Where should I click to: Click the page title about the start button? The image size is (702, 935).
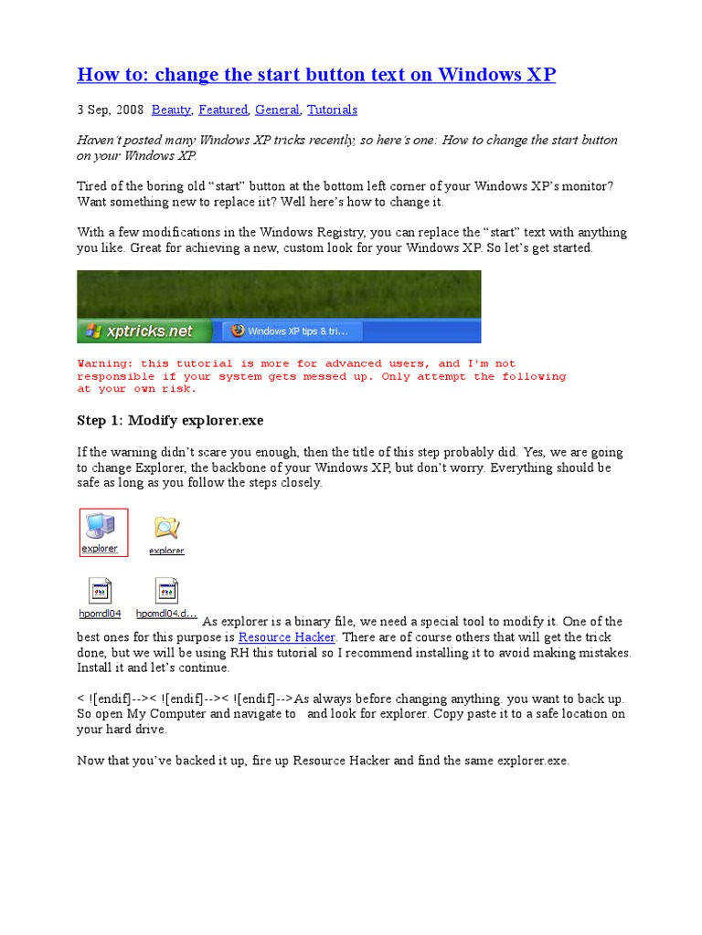316,75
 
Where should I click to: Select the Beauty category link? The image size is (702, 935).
171,110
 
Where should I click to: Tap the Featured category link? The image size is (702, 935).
223,110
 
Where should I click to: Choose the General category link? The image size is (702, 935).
277,110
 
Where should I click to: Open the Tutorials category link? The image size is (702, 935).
332,110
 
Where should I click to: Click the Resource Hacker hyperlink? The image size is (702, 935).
287,637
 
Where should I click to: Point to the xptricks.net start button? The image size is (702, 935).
144,331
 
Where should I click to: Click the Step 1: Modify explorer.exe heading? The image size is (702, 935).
171,420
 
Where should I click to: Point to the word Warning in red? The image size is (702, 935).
103,363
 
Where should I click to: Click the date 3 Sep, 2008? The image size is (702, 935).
110,110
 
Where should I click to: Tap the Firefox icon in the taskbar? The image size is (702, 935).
239,331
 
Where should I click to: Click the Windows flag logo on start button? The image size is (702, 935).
90,331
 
